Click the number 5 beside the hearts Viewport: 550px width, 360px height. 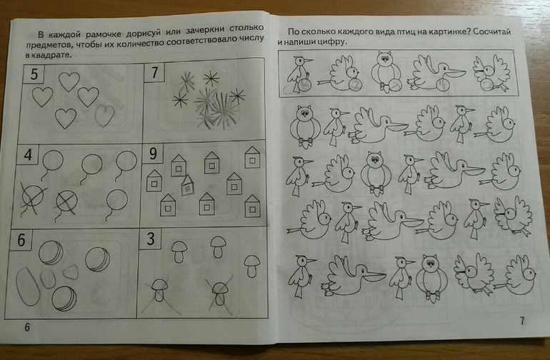click(34, 74)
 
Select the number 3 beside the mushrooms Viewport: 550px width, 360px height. click(151, 239)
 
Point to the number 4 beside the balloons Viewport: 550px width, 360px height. click(28, 155)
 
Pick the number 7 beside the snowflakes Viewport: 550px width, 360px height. click(154, 72)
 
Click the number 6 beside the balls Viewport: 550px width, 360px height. click(21, 240)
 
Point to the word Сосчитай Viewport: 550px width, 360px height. click(491, 31)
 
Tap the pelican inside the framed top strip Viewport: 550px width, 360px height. click(436, 73)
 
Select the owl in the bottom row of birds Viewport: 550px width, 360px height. click(431, 277)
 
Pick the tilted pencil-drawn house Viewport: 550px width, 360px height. click(188, 185)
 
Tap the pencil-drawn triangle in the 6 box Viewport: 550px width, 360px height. click(71, 271)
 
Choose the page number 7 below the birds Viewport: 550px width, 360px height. click(522, 320)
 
